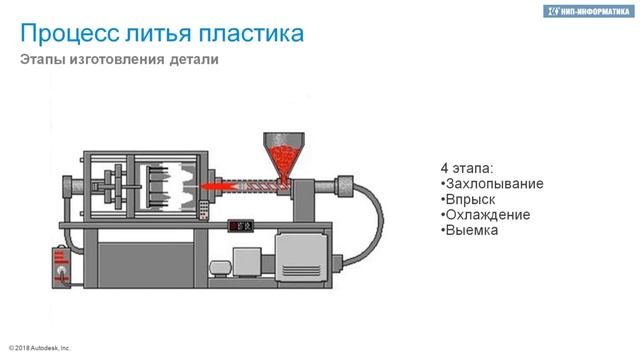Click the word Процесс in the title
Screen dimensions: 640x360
point(69,33)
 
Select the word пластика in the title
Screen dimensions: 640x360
point(251,33)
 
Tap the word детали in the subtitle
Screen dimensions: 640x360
point(194,60)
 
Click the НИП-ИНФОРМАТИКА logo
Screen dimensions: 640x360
point(588,11)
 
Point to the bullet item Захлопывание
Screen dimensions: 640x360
point(492,184)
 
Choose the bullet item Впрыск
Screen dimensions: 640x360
point(468,199)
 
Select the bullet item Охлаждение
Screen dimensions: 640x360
point(486,215)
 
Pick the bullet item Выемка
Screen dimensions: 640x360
point(469,230)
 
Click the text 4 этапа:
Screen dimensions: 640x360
point(467,168)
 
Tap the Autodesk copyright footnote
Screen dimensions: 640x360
point(40,348)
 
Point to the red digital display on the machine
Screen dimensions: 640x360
point(241,226)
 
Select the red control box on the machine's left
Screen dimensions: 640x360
point(61,267)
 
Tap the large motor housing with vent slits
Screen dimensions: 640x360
point(302,256)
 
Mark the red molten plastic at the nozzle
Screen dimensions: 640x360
point(218,187)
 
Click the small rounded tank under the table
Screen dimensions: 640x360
point(221,269)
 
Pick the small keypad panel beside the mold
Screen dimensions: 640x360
point(204,210)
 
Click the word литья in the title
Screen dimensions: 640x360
point(158,33)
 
